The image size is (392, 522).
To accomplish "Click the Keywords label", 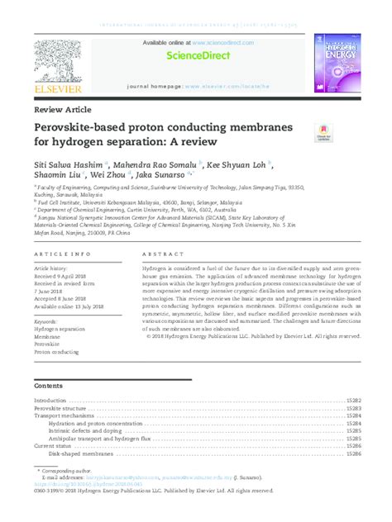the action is click(45, 321).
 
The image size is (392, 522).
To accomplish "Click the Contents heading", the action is click(52, 386).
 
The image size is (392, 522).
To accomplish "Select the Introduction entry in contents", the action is click(50, 401).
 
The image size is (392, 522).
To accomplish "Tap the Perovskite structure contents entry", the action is click(60, 409).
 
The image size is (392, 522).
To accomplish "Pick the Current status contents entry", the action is click(54, 445).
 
